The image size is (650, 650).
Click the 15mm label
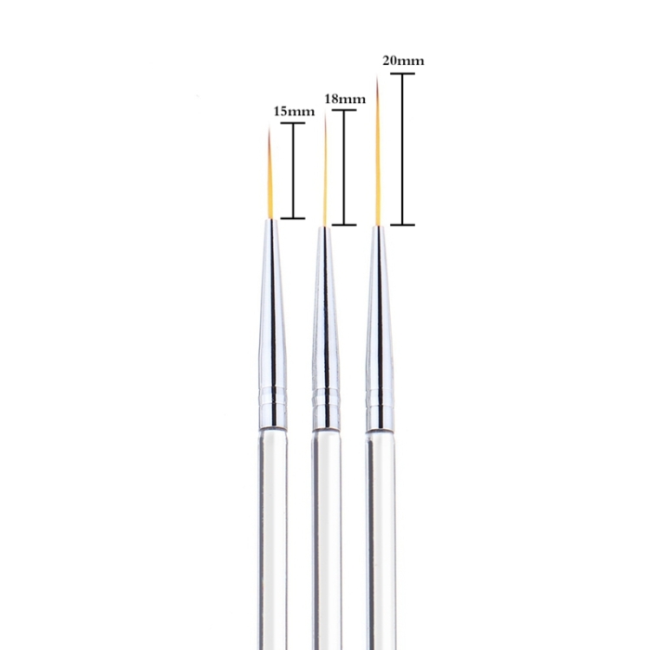(294, 112)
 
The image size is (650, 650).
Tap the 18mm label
(345, 99)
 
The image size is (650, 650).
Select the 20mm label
(403, 61)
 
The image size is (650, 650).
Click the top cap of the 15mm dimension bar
(293, 123)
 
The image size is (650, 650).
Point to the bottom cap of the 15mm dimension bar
(293, 218)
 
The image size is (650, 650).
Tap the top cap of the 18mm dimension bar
(344, 110)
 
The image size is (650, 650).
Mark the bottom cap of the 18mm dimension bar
(344, 224)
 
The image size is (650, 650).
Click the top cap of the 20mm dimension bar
(402, 74)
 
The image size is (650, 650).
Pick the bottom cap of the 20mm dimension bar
(402, 224)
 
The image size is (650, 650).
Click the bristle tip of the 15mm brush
(269, 127)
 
